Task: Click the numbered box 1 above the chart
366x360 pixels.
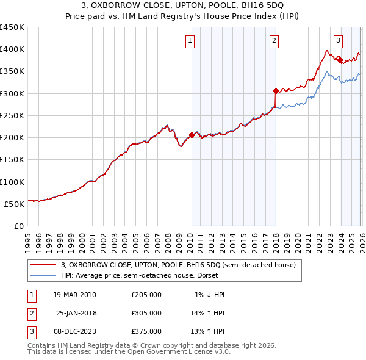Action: click(190, 41)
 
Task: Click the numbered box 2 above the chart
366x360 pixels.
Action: click(274, 41)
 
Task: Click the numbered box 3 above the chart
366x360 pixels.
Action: click(338, 41)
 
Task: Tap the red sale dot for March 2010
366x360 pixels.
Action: click(192, 135)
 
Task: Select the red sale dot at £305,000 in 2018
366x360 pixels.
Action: click(276, 92)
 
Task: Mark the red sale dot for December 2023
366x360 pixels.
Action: click(340, 60)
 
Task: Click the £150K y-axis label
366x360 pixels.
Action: click(12, 160)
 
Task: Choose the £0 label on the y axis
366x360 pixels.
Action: click(18, 226)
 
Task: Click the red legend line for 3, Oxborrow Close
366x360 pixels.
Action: click(44, 265)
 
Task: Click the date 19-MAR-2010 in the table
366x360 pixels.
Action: click(74, 295)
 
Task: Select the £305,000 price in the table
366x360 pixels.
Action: click(146, 313)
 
